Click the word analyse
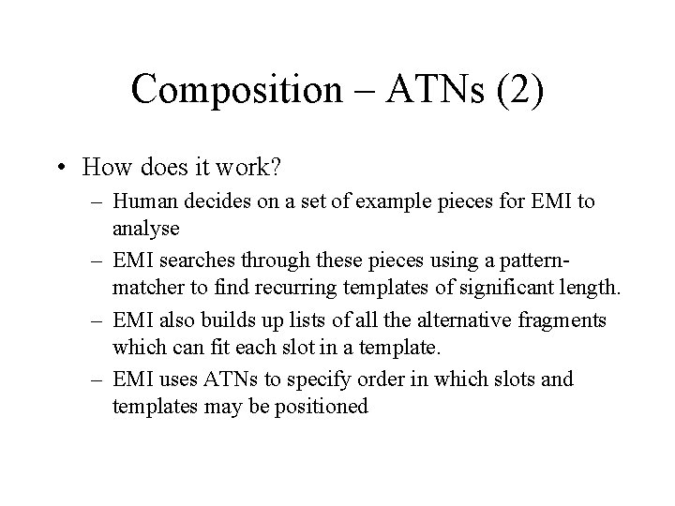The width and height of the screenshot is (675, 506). [144, 227]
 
